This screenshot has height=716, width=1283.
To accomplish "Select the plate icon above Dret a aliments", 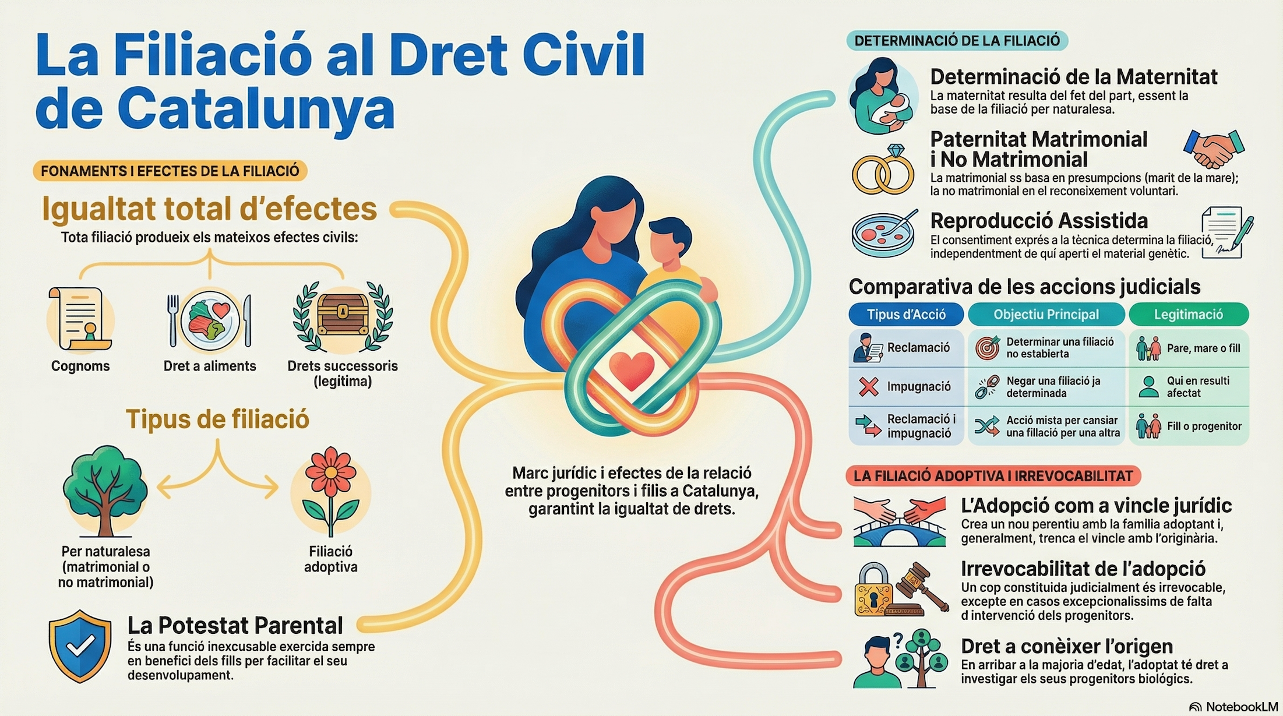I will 210,319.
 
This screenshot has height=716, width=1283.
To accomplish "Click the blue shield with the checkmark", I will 80,646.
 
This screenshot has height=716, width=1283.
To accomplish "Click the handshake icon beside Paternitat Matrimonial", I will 1214,148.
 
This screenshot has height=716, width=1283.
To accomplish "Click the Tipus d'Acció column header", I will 906,315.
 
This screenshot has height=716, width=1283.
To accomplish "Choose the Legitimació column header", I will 1189,315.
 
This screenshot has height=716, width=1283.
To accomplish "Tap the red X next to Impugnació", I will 869,387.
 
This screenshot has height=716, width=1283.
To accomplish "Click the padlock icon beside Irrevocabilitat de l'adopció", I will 872,590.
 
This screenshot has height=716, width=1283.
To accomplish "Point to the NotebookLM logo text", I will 1241,707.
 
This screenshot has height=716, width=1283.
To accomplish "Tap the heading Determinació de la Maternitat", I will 1073,77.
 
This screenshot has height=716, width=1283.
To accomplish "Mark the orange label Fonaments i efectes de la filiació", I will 170,171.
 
